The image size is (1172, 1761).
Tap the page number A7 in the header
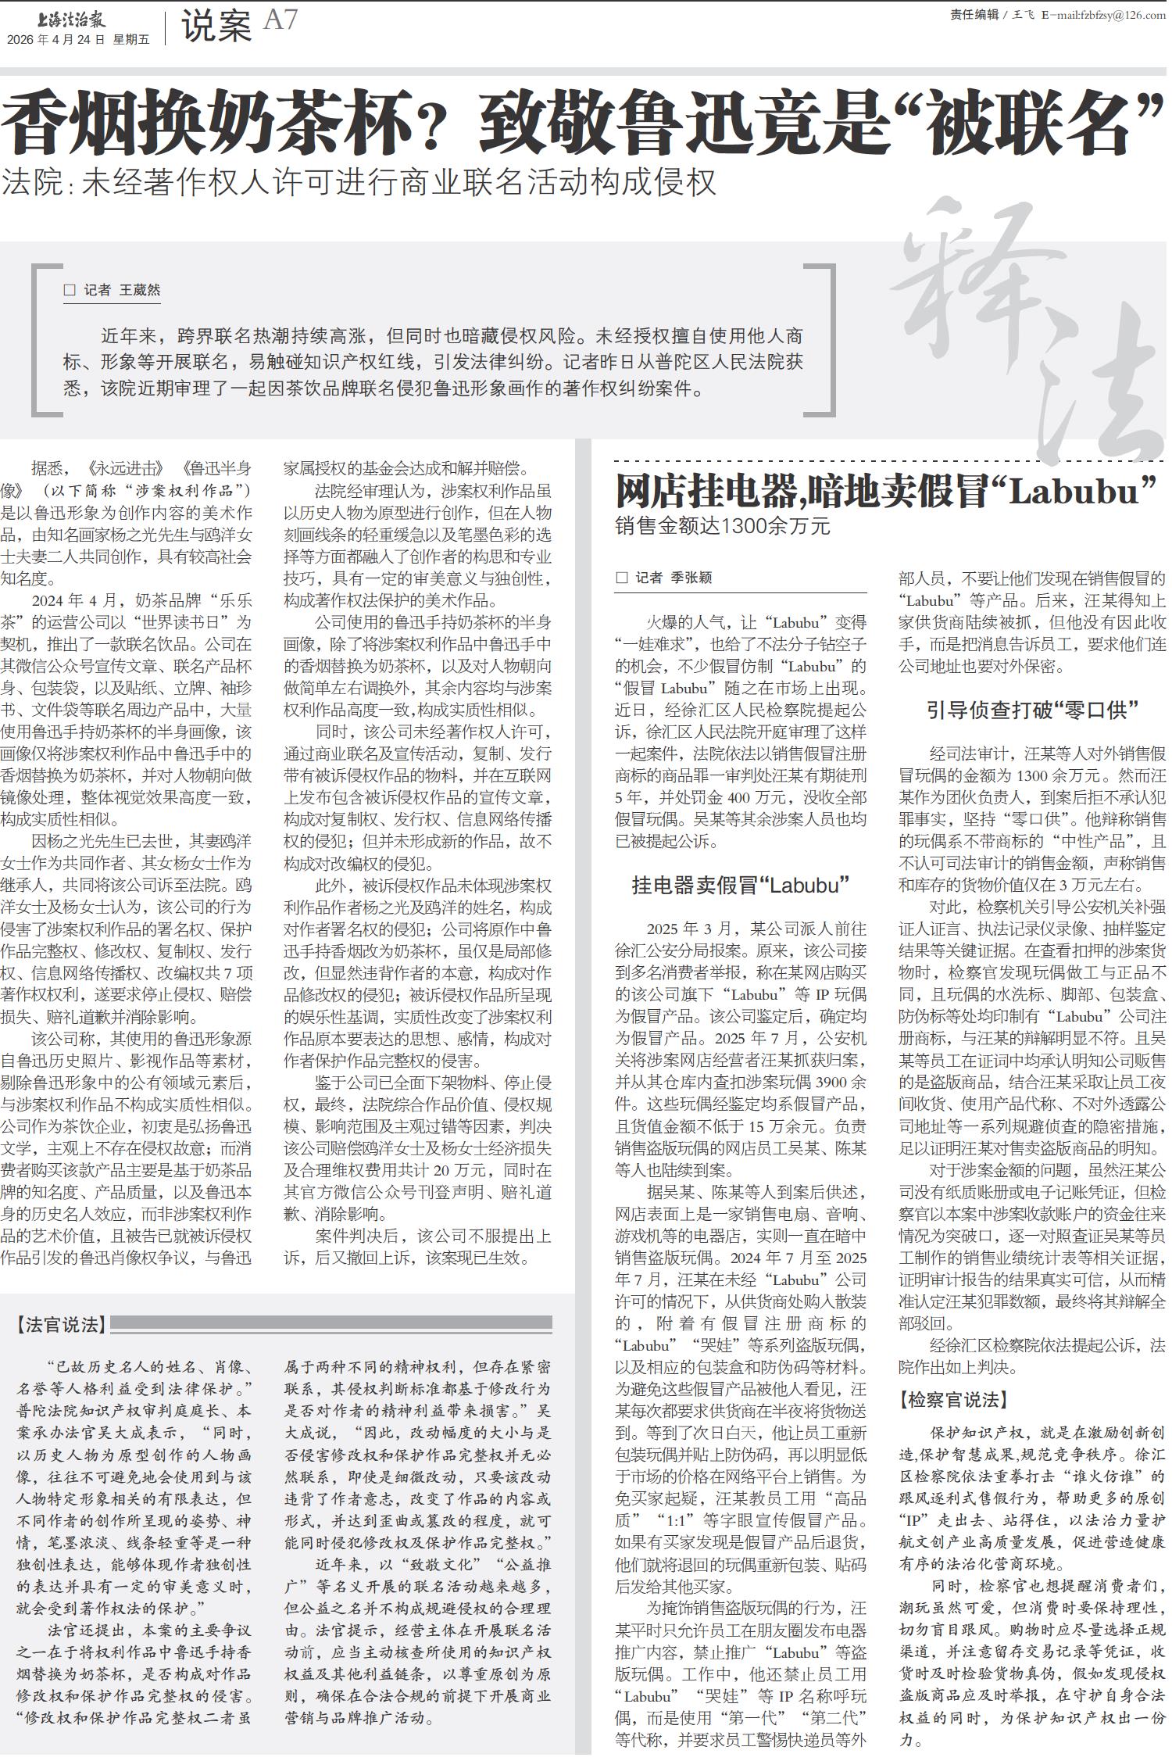tap(280, 20)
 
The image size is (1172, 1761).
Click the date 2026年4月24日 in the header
tap(55, 40)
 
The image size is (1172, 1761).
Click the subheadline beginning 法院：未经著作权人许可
tap(359, 182)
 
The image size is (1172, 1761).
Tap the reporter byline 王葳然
tap(140, 290)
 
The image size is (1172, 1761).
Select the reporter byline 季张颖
tap(691, 578)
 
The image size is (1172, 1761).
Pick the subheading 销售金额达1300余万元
tap(723, 526)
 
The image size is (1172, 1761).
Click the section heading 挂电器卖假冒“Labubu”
tap(740, 885)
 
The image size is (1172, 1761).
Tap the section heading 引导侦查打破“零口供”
tap(1032, 710)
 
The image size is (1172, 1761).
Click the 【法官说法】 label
tap(61, 1324)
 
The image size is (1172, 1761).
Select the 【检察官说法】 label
tap(953, 1399)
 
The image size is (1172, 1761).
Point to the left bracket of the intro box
tap(36, 340)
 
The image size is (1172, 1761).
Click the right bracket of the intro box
tap(830, 340)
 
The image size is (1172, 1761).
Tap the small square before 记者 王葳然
tap(70, 290)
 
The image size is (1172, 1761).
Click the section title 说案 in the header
tap(216, 26)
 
